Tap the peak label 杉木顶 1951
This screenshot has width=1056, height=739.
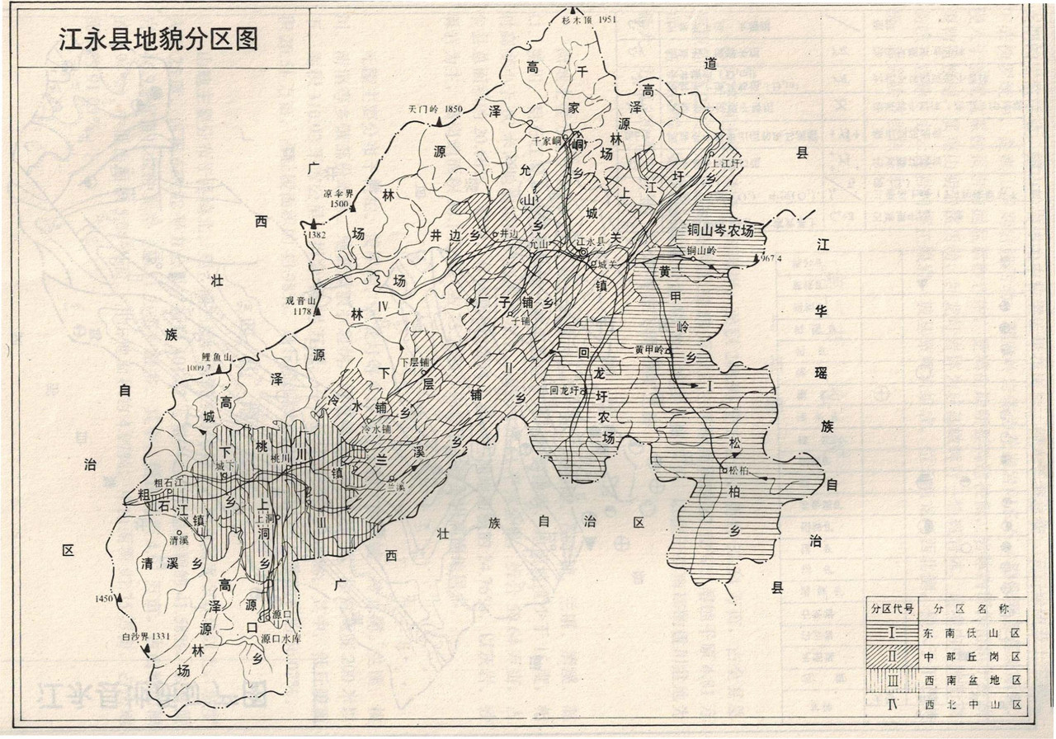click(589, 19)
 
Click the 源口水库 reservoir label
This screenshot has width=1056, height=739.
click(277, 638)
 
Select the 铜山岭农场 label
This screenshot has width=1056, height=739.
click(720, 230)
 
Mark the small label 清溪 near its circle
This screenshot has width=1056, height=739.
click(179, 541)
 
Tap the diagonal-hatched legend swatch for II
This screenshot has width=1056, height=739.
click(891, 657)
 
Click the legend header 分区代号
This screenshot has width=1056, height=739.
click(891, 610)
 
